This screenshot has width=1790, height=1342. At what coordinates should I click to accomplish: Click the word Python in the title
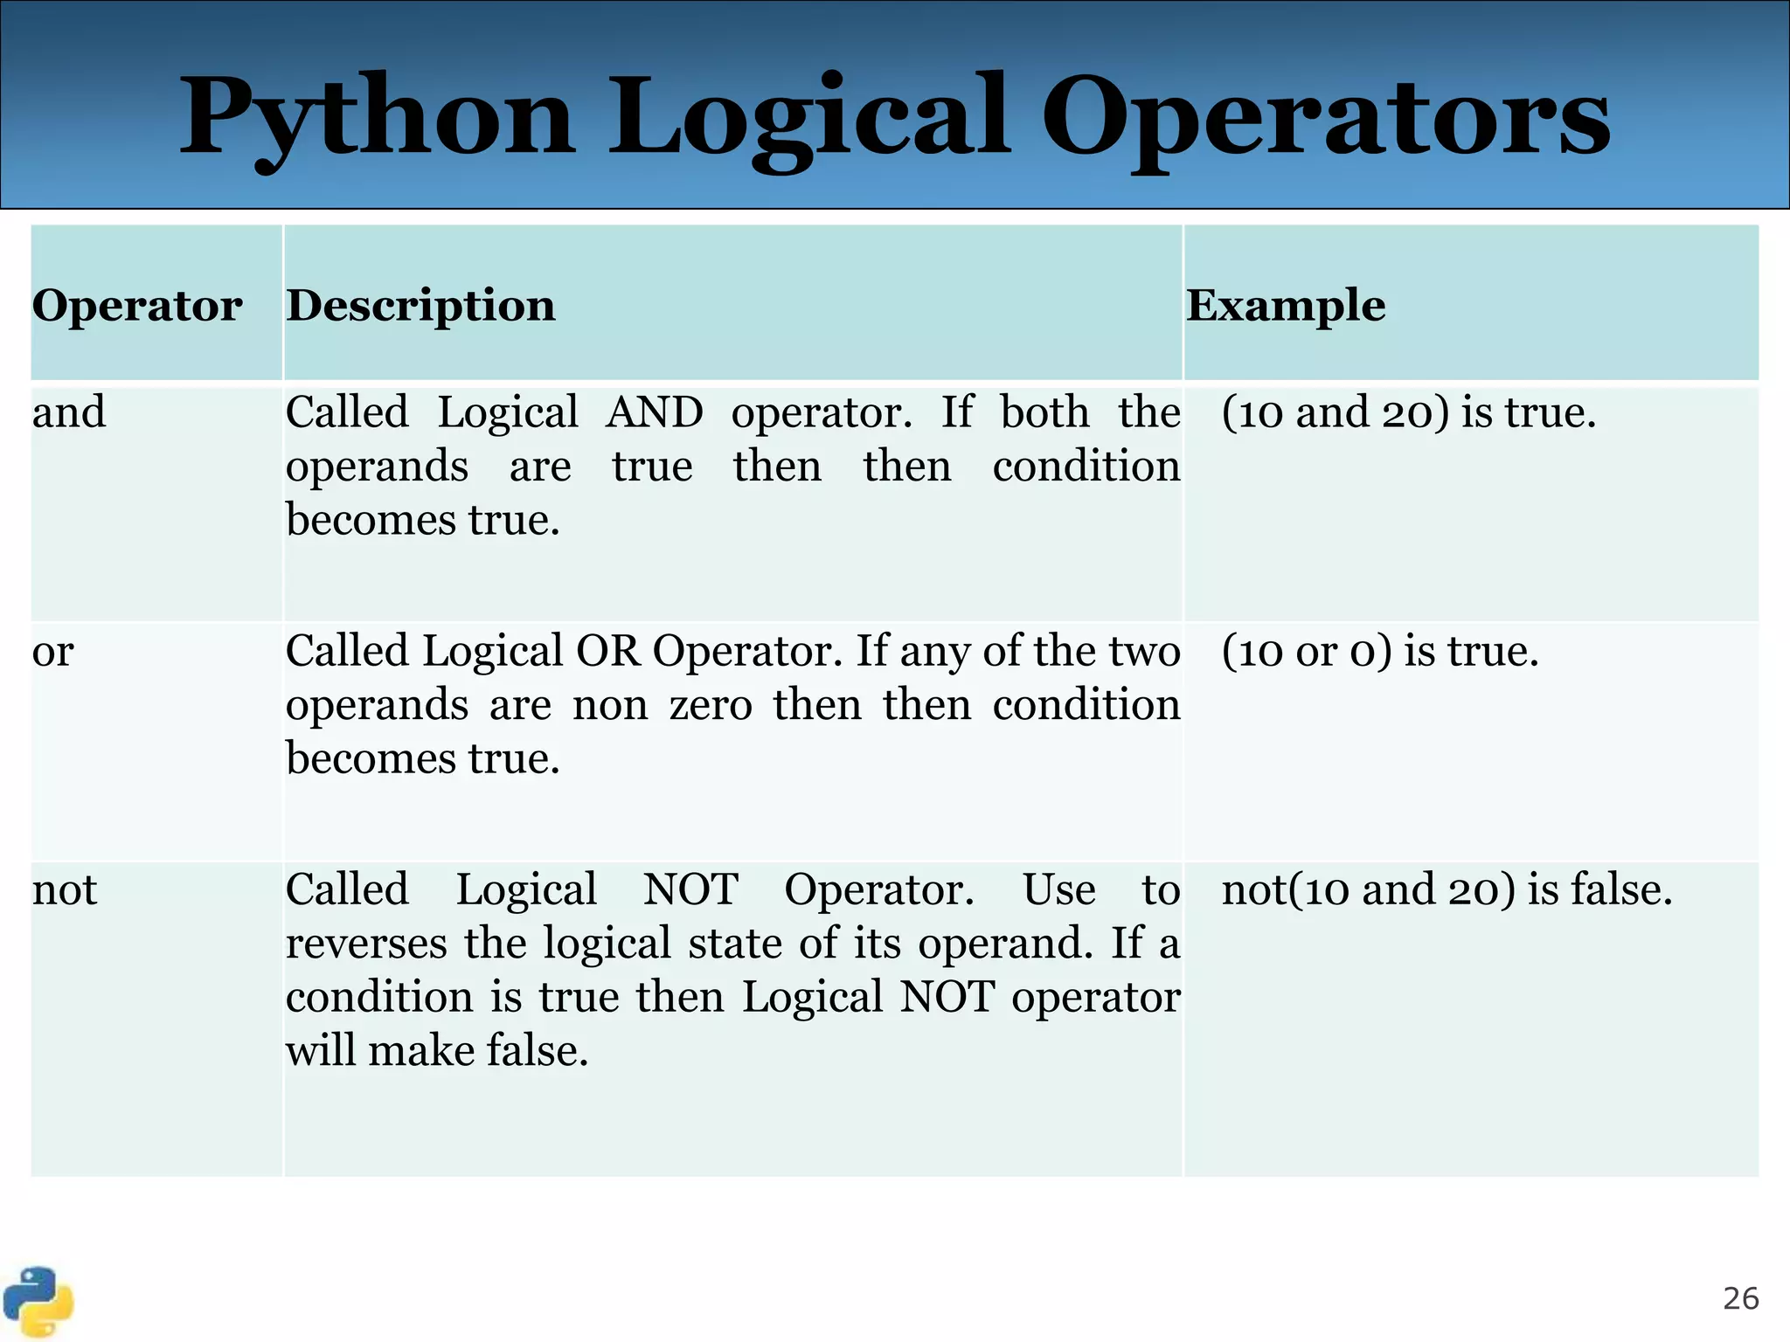tap(376, 118)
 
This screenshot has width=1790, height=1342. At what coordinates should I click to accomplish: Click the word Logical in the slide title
tap(808, 118)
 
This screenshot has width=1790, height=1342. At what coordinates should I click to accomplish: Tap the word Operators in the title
tap(1324, 118)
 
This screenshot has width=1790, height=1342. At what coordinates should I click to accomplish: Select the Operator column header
tap(137, 306)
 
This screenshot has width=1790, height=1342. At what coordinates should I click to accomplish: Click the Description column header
tap(420, 306)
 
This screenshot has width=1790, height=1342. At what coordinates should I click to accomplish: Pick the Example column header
tap(1286, 306)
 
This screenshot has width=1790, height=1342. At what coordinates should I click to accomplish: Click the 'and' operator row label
tap(69, 412)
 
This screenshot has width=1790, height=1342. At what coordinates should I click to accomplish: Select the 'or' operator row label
tap(53, 652)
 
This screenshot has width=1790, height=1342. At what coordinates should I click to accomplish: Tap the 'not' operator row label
tap(65, 890)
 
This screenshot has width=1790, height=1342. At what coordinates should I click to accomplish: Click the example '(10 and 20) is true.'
tap(1408, 412)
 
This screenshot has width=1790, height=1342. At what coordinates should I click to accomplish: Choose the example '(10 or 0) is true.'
tap(1379, 652)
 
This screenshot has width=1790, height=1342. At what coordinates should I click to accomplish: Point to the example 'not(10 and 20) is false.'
tap(1447, 890)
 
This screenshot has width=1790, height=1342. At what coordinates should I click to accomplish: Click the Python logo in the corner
tap(38, 1302)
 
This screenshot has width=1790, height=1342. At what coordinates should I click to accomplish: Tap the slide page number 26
tap(1740, 1299)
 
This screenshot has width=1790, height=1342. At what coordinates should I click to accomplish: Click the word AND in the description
tap(654, 412)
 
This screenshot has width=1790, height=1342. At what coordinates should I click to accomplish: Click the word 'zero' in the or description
tap(710, 705)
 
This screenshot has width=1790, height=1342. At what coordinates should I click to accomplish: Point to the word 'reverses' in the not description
tap(366, 944)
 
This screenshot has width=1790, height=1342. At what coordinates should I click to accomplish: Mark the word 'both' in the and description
tap(1044, 412)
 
